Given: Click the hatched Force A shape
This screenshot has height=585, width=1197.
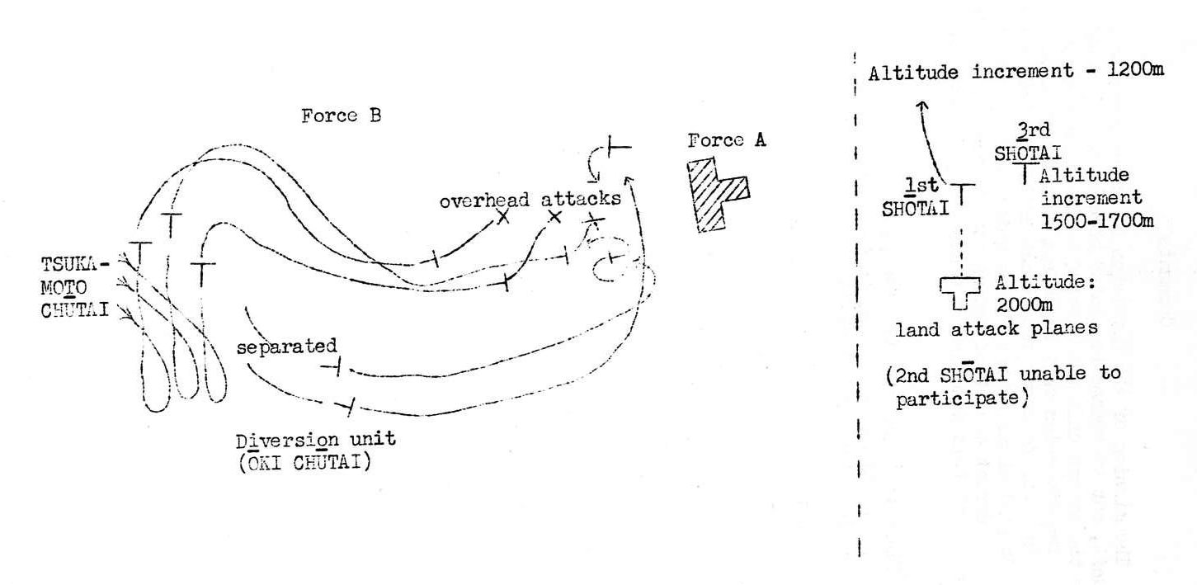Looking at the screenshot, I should click(x=716, y=194).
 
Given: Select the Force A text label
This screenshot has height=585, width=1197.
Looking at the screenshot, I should click(x=727, y=141).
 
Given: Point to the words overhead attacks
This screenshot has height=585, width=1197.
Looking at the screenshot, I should click(x=530, y=200).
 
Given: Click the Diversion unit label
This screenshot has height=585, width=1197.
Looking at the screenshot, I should click(x=315, y=439).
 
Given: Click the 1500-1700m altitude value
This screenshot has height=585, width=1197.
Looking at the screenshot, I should click(x=1096, y=220).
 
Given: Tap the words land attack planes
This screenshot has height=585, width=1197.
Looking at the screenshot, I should click(x=997, y=328).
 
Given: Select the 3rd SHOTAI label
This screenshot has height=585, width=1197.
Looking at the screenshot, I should click(x=1026, y=142).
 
